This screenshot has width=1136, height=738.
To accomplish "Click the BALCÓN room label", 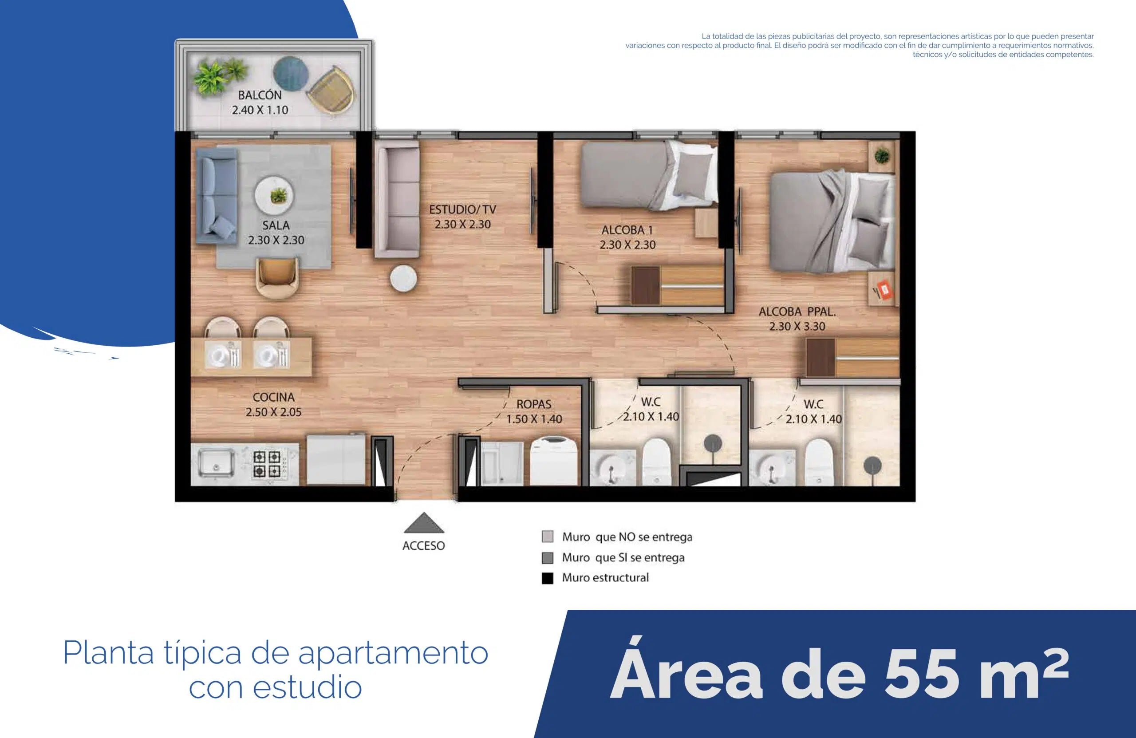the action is [x=260, y=95].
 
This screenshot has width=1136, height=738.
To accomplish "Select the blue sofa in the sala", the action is [x=217, y=196].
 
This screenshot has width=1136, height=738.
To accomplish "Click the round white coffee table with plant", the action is [x=274, y=195].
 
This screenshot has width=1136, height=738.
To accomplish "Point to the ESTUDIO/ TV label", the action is [x=462, y=209].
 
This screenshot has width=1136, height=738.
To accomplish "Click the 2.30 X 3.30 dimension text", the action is [x=797, y=327].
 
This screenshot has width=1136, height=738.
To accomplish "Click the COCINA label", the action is [x=273, y=397].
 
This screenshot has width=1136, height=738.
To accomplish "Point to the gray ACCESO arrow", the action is [x=424, y=524].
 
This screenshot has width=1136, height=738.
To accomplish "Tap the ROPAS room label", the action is [x=534, y=404].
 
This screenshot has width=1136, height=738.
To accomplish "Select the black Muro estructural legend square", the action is [x=548, y=578].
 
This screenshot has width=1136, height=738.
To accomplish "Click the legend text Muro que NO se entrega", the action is [x=627, y=537].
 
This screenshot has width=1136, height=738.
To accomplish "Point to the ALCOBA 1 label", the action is [x=627, y=230].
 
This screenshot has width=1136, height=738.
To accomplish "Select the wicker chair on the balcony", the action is [x=332, y=89].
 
